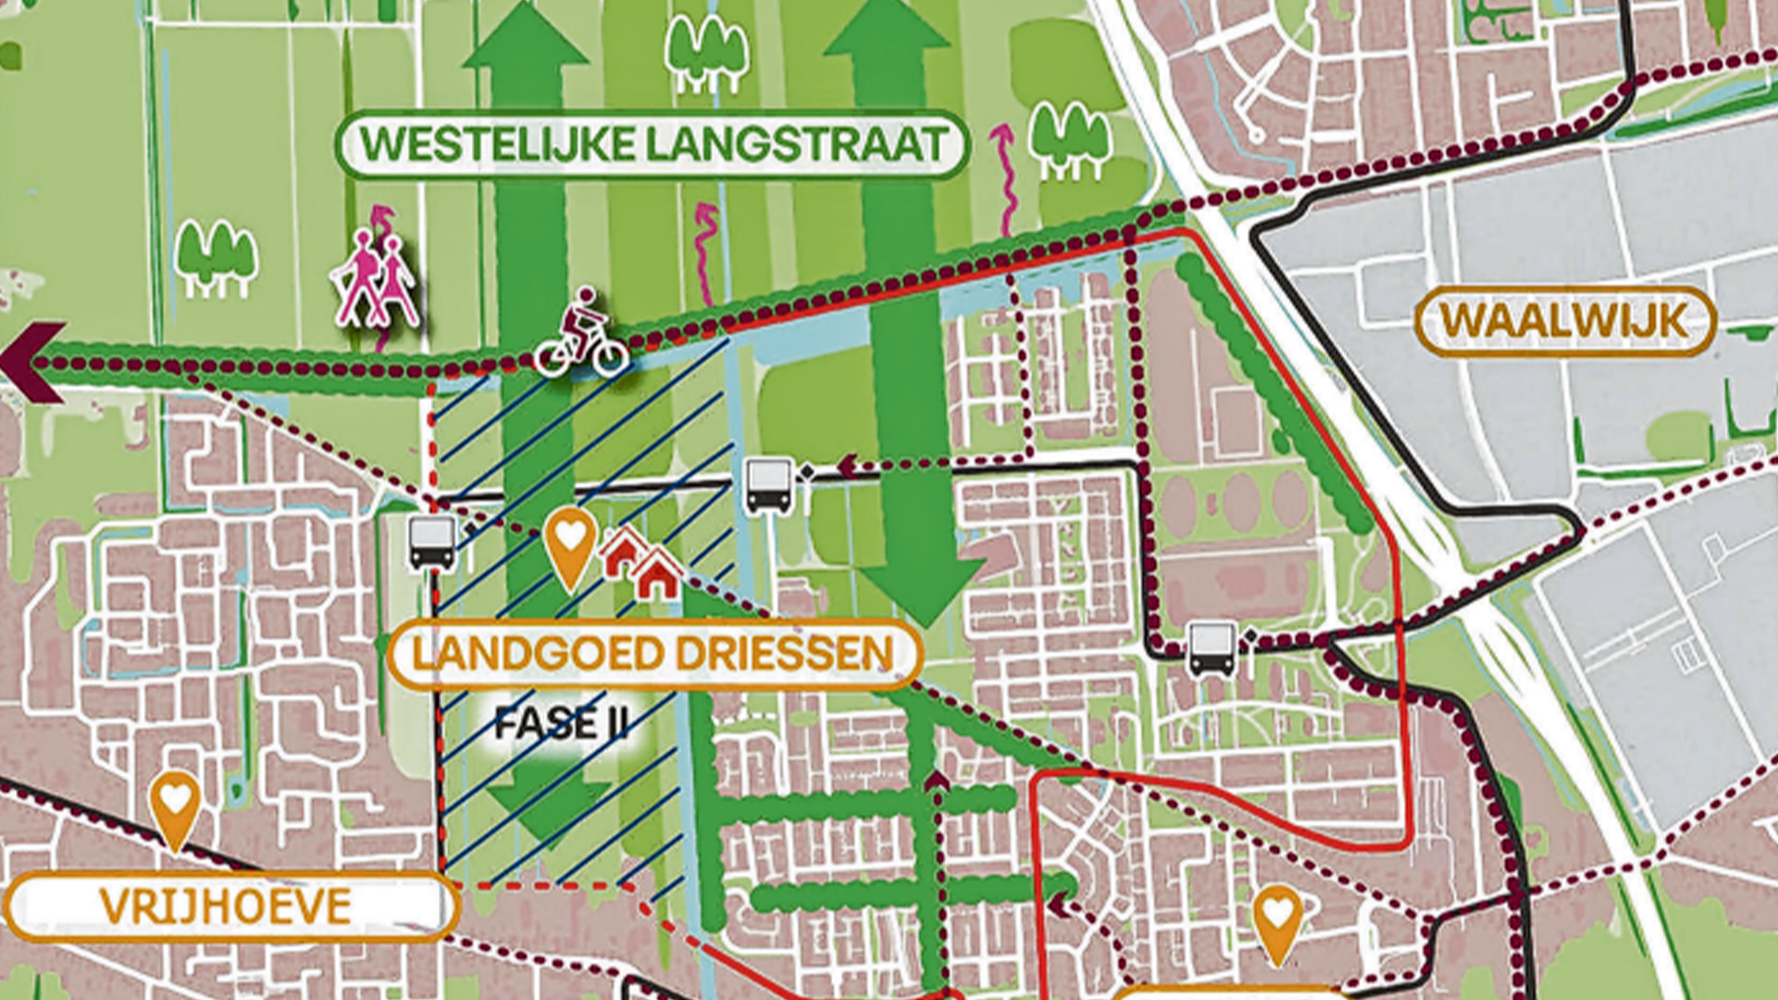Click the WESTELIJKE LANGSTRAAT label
pos(653,144)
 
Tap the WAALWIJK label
pos(1565,322)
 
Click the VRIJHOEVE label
pos(227,906)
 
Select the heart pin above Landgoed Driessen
pos(570,546)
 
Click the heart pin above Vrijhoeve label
pos(175,807)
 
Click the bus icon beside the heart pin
pos(432,543)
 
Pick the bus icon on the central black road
pos(769,485)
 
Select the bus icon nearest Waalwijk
pos(1212,648)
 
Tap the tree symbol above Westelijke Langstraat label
pos(707,53)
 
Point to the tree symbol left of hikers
pos(216,259)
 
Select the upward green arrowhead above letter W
pos(525,42)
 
